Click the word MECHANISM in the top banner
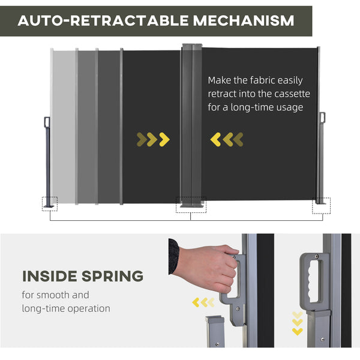tap(243, 20)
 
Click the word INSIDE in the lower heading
tap(51, 277)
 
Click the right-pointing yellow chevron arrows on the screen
tap(153, 140)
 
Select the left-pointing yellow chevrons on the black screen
tap(227, 140)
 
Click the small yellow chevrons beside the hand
tap(203, 302)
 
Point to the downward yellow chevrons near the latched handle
tap(298, 322)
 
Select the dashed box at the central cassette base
tap(190, 205)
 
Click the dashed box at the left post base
tap(49, 204)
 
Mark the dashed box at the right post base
tap(321, 205)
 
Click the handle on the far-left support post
tap(47, 122)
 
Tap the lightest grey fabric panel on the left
tap(64, 126)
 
